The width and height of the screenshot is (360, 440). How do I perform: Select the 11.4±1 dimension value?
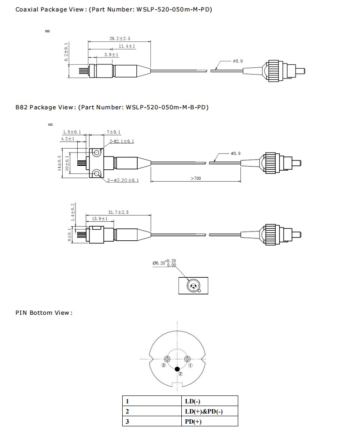(127, 46)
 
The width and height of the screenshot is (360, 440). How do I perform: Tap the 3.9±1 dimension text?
(111, 54)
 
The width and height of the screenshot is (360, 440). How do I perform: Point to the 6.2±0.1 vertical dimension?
(66, 52)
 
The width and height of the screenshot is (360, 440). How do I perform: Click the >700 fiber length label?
(196, 179)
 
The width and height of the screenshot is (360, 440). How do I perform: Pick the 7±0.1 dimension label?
(114, 132)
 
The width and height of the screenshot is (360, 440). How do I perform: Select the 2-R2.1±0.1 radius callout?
(121, 142)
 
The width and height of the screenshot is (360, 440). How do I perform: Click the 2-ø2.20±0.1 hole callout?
(123, 181)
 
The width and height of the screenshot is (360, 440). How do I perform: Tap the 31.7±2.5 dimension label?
(118, 212)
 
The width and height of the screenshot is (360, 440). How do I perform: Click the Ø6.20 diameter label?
(159, 263)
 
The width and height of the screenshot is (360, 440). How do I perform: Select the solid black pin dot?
(177, 368)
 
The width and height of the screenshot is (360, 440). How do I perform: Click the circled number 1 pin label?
(190, 365)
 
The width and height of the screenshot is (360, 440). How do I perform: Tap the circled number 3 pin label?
(164, 366)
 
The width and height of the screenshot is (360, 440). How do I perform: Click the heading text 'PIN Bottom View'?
(44, 313)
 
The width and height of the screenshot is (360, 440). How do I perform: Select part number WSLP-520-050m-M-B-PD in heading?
(167, 107)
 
